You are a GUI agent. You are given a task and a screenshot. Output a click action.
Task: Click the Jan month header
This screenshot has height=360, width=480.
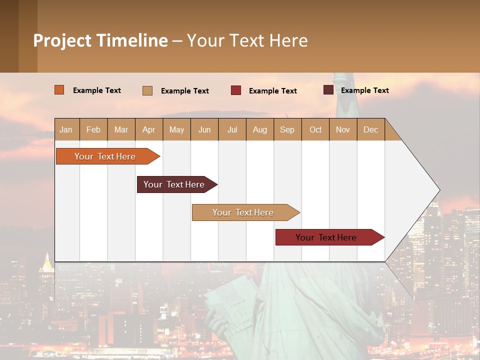pos(66,129)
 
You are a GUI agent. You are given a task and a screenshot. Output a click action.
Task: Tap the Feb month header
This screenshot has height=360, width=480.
pos(93,129)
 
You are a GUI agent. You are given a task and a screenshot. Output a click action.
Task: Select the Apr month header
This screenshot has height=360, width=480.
pos(149,129)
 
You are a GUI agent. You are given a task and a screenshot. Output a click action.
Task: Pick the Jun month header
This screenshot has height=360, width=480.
pos(204,129)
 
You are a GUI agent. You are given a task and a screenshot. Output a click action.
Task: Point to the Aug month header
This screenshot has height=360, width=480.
pos(260,129)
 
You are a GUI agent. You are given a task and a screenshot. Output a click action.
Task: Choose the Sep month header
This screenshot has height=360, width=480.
pos(287,129)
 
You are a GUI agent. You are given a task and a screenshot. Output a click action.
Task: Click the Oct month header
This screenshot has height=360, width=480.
pos(315,129)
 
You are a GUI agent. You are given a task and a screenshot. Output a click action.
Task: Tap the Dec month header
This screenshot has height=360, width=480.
pos(371,129)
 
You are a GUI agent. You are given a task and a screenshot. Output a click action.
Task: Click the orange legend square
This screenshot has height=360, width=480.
pos(59,90)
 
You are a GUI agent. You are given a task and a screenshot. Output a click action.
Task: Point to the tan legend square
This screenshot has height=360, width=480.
pos(147,90)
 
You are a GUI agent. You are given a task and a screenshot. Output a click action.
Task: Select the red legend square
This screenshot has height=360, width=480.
pos(236,90)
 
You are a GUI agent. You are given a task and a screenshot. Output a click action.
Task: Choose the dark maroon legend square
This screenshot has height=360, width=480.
pos(328,90)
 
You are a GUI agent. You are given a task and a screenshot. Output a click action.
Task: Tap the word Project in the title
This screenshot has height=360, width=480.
pos(61,40)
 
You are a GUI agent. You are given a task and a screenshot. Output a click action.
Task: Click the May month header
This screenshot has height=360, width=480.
pos(176,129)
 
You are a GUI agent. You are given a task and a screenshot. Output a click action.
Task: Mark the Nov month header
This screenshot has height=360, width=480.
pos(343,129)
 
